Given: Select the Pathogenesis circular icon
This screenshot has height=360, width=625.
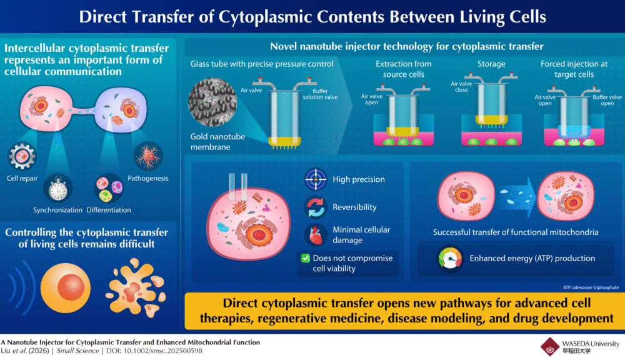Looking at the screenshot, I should coord(148,156).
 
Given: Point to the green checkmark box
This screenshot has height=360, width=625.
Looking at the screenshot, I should coord(305,257).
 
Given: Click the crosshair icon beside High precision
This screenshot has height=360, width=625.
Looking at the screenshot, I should coord(316,179).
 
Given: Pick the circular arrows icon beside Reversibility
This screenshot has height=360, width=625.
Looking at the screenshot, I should coord(316,207).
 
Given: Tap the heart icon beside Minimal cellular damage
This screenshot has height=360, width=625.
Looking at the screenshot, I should coord(316,235).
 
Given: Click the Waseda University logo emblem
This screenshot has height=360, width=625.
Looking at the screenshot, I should coord(550,346).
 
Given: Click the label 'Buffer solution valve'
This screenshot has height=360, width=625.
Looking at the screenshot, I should coord(320,94).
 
